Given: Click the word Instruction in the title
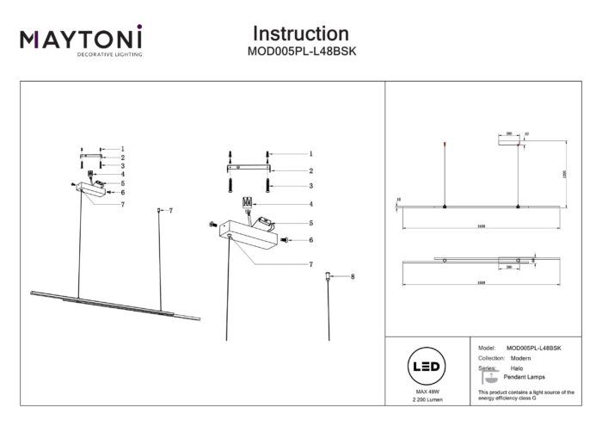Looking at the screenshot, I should pos(300,34).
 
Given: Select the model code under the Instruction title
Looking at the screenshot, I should pos(300,52).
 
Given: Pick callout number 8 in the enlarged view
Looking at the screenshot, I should pos(353,276).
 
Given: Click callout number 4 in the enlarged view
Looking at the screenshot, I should pos(310,204).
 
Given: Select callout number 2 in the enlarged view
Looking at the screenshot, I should pos(310,170).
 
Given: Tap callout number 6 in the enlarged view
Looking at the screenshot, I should pos(310,240).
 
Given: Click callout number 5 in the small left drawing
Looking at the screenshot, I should pos(123,183).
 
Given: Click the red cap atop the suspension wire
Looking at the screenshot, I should pos(444,142).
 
